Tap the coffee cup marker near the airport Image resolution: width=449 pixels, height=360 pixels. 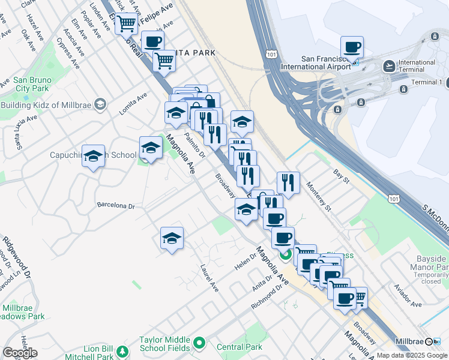352,47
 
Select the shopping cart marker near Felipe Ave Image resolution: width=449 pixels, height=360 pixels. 126,24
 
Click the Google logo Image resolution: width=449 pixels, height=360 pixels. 20,353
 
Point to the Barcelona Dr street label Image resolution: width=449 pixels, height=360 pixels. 116,206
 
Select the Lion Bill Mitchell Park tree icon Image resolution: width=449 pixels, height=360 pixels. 123,351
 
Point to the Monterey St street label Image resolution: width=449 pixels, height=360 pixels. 319,197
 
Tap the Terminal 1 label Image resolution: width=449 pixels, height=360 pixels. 427,82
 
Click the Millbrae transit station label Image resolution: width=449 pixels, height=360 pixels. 411,341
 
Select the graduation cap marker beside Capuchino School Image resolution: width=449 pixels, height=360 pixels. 93,157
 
